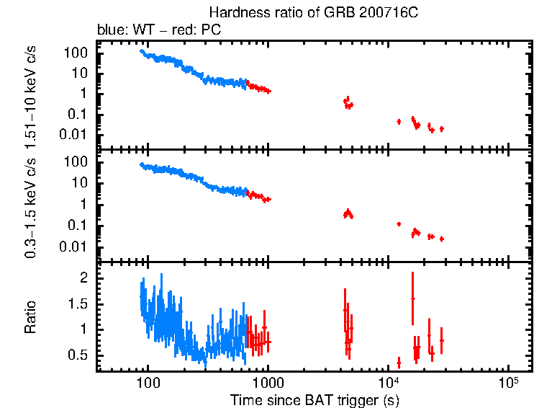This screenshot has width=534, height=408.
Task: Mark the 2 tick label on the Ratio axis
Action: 84,278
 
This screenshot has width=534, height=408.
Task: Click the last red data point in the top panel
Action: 442,129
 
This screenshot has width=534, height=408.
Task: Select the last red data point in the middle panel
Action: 442,239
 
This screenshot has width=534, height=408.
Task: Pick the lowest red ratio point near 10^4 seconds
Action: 399,363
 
